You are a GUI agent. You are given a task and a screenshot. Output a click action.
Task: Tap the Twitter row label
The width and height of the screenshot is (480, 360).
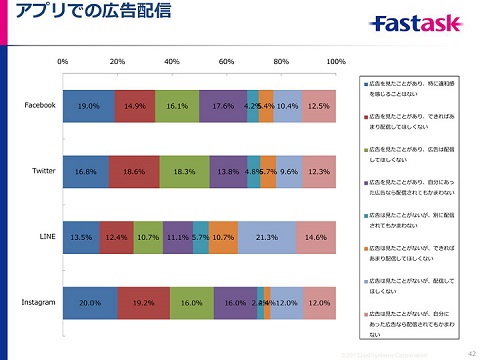[43, 171]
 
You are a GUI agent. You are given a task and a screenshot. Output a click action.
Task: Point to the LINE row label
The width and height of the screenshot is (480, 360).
[46, 237]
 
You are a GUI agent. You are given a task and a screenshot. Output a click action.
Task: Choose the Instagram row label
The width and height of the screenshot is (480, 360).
[38, 301]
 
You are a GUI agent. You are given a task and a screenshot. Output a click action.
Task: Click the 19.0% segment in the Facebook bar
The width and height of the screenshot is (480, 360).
[88, 105]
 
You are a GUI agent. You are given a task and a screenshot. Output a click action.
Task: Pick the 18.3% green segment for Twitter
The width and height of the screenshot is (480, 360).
[184, 171]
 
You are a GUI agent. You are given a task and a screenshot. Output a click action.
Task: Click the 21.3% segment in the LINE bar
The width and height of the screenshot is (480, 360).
[267, 237]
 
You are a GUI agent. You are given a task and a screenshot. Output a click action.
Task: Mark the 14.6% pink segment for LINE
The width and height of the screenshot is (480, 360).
[316, 237]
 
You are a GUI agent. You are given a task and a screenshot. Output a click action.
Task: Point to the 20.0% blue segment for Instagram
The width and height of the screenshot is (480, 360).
[89, 301]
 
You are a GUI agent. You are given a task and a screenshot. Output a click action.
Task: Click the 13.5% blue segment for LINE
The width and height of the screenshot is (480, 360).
[80, 237]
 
